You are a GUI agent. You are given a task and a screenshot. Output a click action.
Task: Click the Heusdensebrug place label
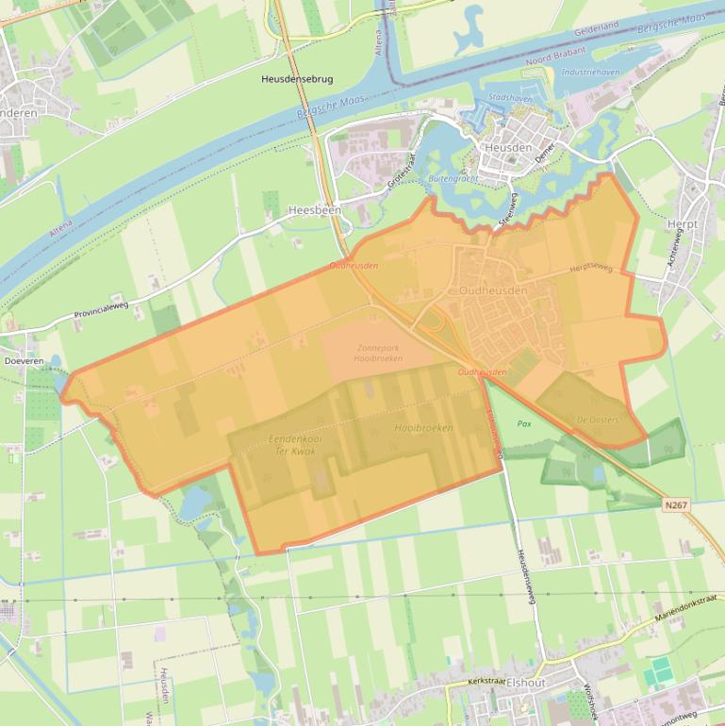[x=297, y=80]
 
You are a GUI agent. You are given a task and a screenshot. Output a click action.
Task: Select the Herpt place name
[x=681, y=224]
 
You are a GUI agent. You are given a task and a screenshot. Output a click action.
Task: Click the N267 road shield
[x=675, y=505]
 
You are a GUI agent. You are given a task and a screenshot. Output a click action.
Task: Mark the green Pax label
[x=524, y=423]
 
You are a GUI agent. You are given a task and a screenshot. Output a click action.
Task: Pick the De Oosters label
[x=598, y=419]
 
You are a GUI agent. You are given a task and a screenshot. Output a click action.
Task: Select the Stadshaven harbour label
[x=509, y=98]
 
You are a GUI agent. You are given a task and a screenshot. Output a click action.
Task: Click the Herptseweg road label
[x=591, y=269]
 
